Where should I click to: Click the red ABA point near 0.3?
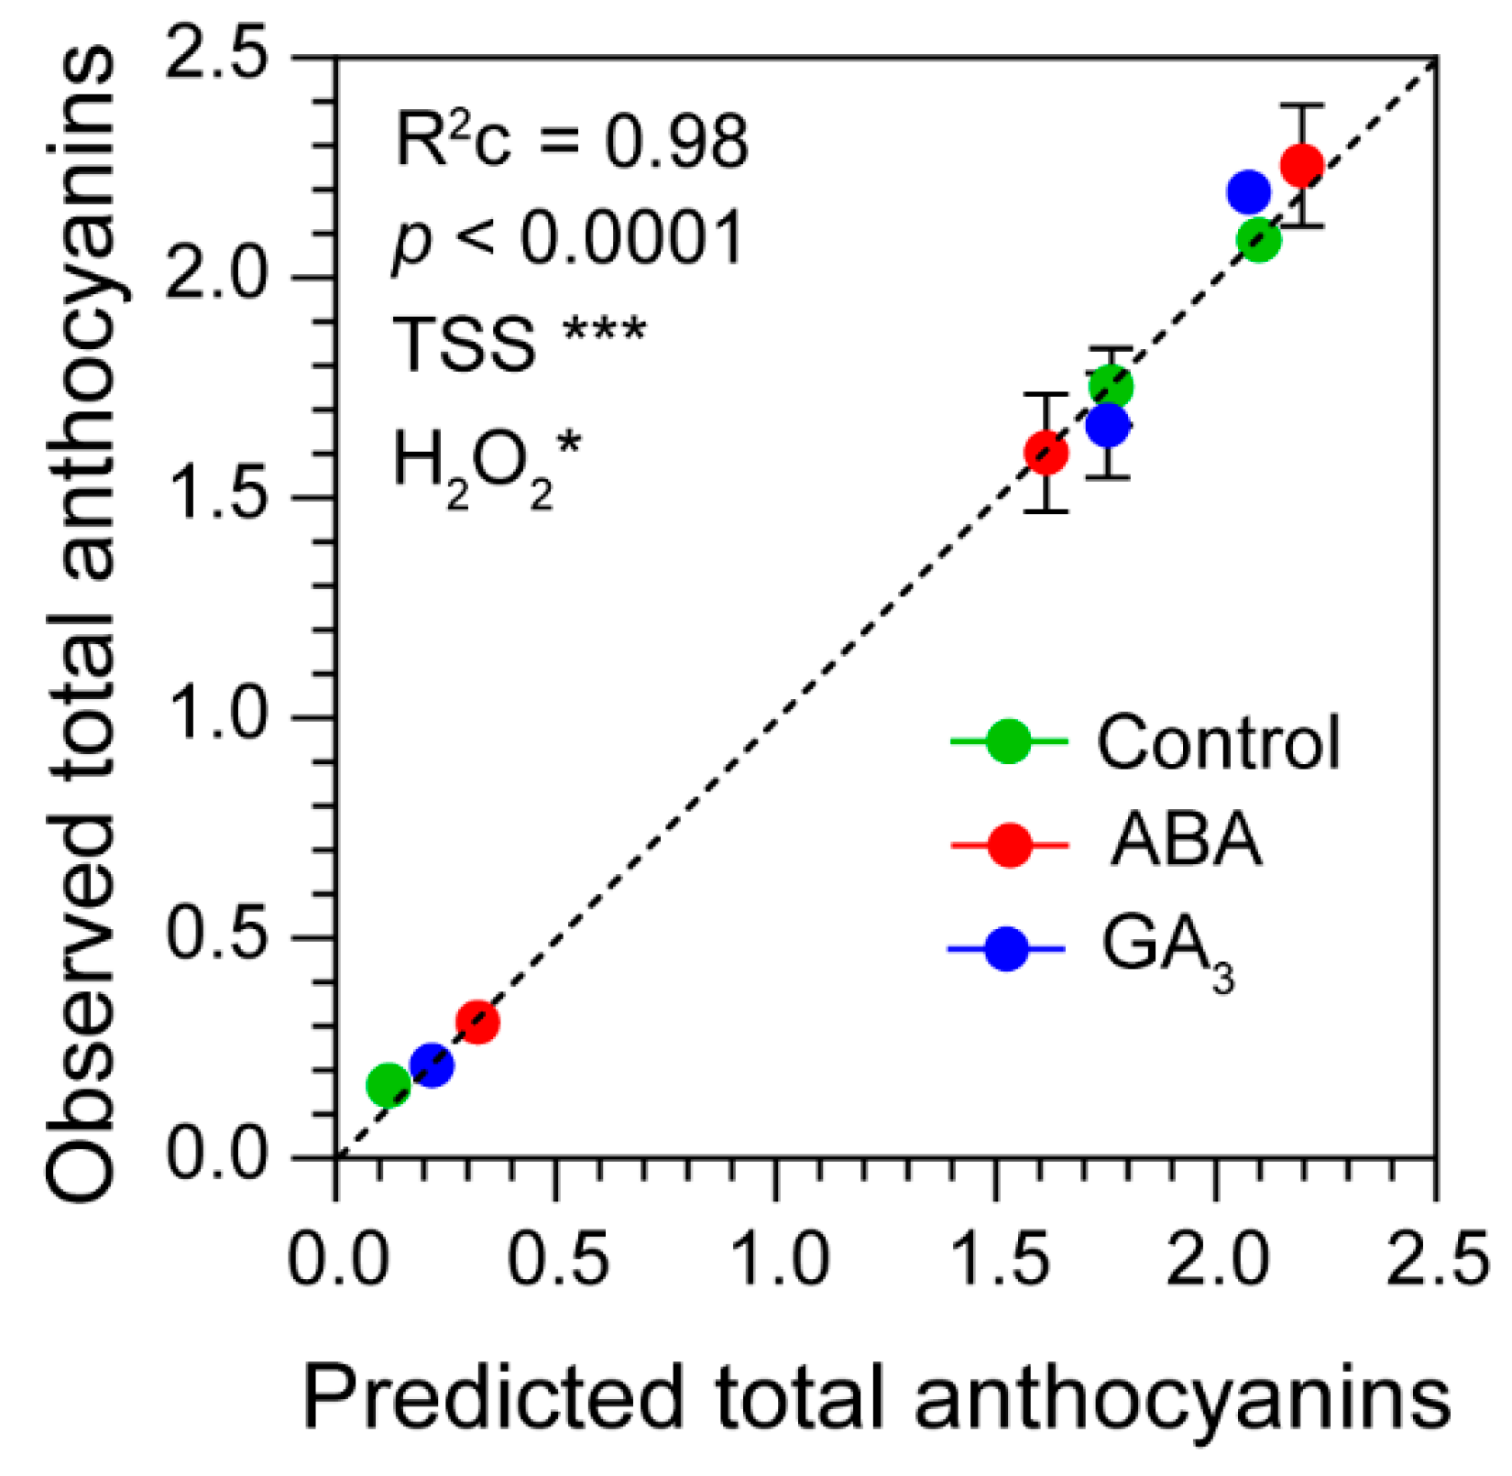tap(477, 1021)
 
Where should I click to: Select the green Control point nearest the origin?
tap(388, 1085)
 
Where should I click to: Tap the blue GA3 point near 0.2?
tap(432, 1065)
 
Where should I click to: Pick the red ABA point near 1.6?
tap(1046, 453)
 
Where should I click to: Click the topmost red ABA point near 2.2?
tap(1301, 165)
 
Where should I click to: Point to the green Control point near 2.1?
tap(1259, 240)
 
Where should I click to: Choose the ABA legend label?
tap(1185, 840)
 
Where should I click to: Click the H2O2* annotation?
tap(486, 463)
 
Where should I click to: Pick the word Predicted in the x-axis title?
tap(493, 1399)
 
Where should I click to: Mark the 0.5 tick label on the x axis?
tap(557, 1259)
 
